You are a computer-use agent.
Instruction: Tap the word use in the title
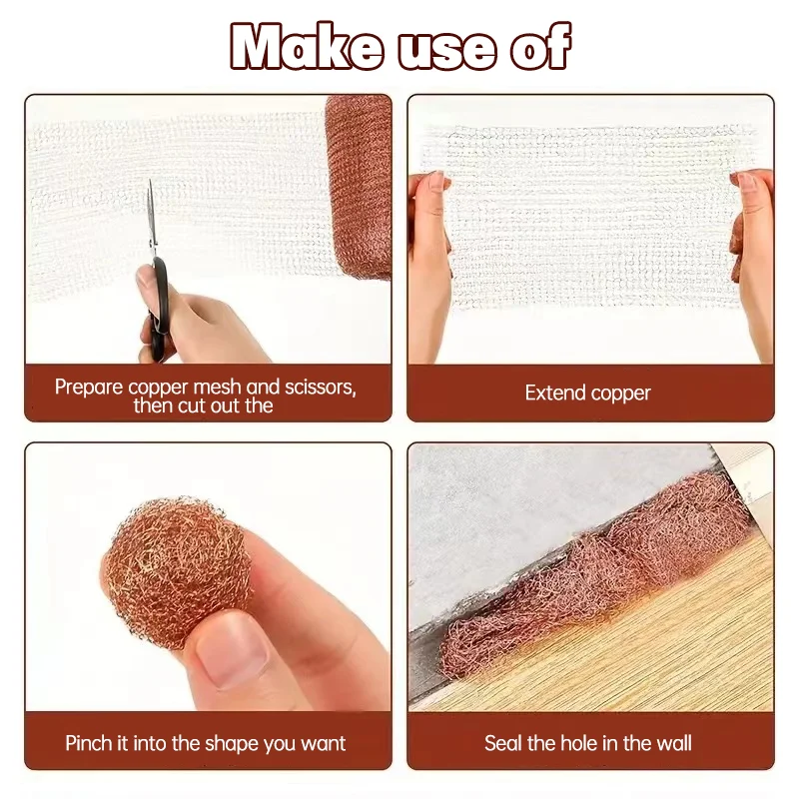point(446,49)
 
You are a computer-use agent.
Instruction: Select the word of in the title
point(540,47)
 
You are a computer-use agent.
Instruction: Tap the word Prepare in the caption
point(88,387)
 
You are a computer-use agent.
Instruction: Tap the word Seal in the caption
point(504,743)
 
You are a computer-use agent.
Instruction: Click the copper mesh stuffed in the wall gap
point(599,579)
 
